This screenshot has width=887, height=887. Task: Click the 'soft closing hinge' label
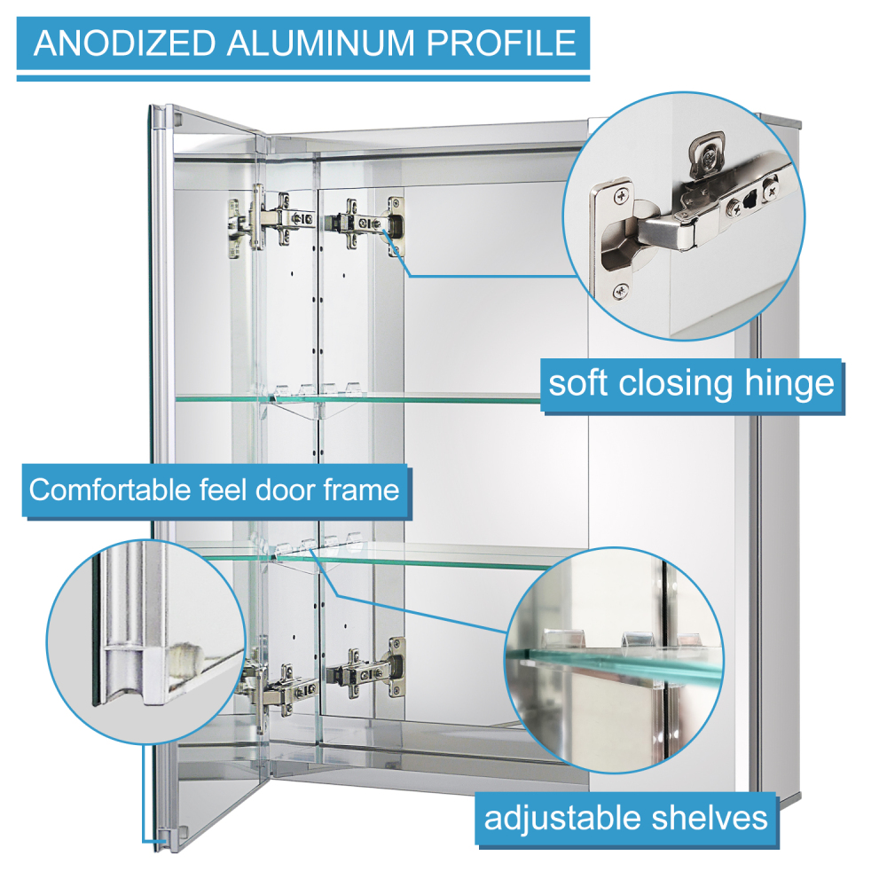click(x=691, y=384)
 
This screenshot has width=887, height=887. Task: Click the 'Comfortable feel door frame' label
click(x=215, y=489)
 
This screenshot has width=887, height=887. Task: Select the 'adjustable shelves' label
click(x=625, y=817)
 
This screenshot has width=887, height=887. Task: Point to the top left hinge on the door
click(x=266, y=218)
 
